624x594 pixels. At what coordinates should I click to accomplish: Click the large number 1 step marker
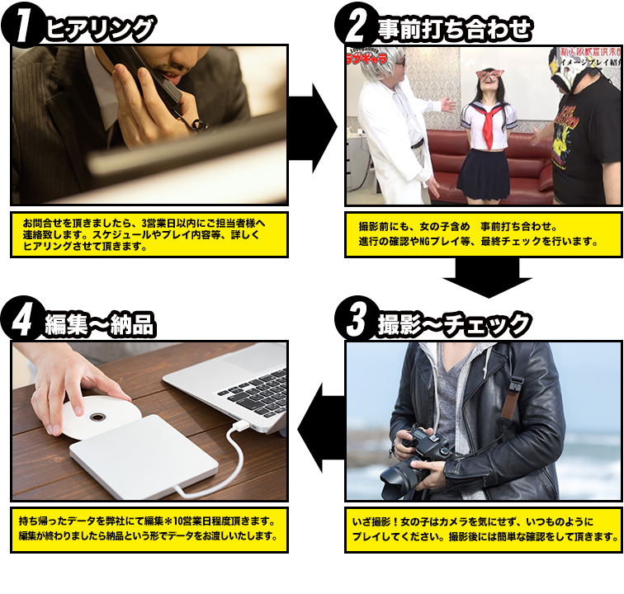pos(24,26)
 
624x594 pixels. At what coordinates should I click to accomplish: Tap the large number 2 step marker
pos(357,26)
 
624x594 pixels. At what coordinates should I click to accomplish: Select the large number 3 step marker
pos(357,322)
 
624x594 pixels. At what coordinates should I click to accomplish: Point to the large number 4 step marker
pos(23,322)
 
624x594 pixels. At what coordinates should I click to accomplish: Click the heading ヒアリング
pos(100,30)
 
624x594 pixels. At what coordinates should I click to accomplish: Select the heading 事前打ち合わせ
pos(454,30)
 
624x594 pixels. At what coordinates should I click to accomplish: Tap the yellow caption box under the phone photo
pos(149,234)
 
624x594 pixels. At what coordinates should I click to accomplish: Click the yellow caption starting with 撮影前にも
pos(483,234)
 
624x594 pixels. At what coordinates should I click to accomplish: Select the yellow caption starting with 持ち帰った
pos(149,529)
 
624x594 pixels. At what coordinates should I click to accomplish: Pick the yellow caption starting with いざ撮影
pos(483,529)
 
